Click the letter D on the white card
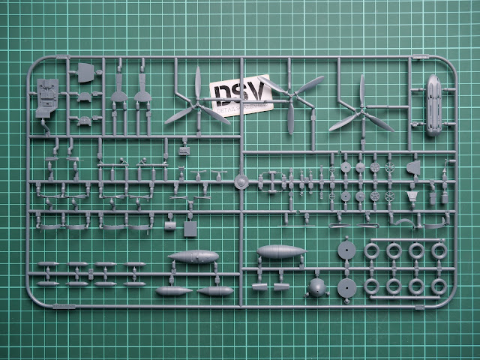tap(222, 94)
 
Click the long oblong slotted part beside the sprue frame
tap(434, 105)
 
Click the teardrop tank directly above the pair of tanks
tap(193, 257)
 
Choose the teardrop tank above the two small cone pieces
tap(280, 251)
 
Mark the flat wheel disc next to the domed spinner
tap(346, 288)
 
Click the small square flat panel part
tap(191, 226)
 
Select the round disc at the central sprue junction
tap(239, 182)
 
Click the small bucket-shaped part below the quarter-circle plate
tap(412, 196)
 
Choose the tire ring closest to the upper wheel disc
tap(373, 250)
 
